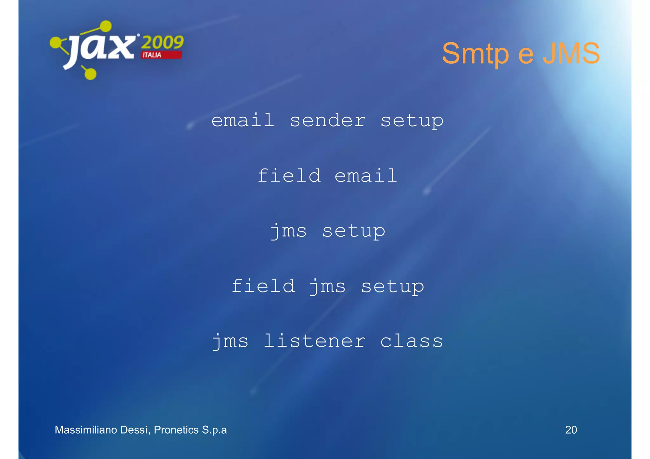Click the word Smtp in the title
click(475, 54)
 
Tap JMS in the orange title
click(571, 53)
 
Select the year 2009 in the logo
click(162, 43)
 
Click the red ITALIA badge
click(161, 55)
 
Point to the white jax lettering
click(101, 49)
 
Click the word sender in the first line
click(328, 121)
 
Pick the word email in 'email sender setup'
click(243, 121)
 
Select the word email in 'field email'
click(366, 176)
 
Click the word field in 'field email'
click(289, 176)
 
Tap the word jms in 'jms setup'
click(289, 231)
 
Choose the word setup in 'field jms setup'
click(393, 286)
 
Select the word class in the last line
click(412, 341)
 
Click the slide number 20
click(571, 430)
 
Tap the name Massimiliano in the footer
click(86, 430)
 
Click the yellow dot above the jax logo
click(106, 26)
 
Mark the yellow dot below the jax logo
click(90, 74)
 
